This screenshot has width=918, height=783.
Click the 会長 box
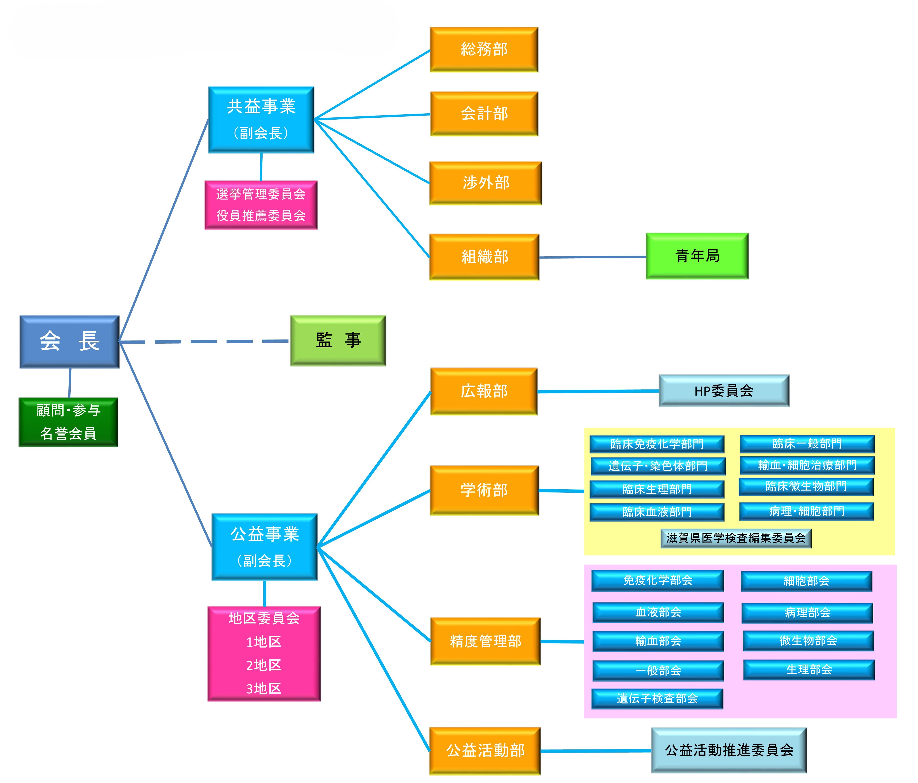click(x=70, y=342)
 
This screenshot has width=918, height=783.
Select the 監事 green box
click(x=338, y=340)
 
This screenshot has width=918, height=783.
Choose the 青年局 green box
click(x=697, y=256)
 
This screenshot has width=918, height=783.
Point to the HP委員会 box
click(x=724, y=390)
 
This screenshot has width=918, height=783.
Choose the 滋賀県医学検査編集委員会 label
click(x=736, y=538)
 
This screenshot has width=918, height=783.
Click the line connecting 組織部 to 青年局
click(x=593, y=257)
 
